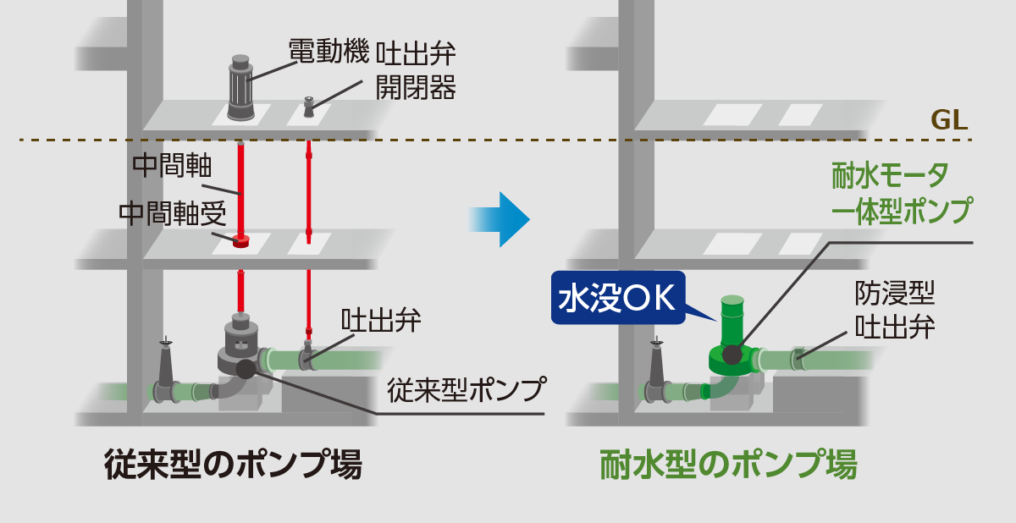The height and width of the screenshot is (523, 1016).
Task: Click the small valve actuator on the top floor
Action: coord(309,107)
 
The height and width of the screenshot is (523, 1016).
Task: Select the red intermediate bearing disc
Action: coord(240,242)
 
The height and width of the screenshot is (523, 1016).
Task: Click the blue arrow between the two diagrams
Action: coord(500,218)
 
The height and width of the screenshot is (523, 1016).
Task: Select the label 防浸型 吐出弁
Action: coord(895,310)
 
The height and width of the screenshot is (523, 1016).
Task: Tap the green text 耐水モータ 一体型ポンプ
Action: coord(900,193)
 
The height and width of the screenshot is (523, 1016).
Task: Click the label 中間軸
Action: coord(167,164)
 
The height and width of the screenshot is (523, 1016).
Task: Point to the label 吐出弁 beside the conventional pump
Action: coord(381,322)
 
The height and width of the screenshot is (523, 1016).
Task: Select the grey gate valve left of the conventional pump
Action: coord(165,374)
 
